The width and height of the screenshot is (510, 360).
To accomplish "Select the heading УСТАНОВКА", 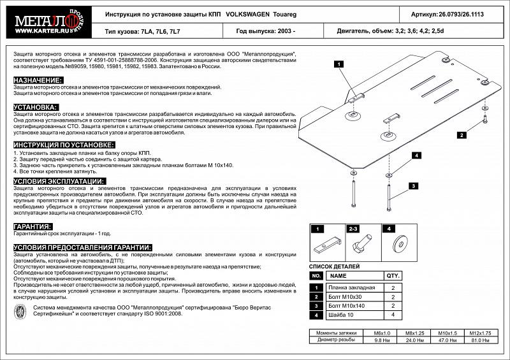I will click(x=36, y=107).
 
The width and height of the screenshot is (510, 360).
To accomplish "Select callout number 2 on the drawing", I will click(x=460, y=134).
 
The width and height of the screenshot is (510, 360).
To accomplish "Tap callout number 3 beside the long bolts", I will click(x=413, y=185).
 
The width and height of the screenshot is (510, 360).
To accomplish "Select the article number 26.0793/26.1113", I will click(x=467, y=13).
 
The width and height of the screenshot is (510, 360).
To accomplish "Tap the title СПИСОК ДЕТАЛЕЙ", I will click(x=334, y=266).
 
